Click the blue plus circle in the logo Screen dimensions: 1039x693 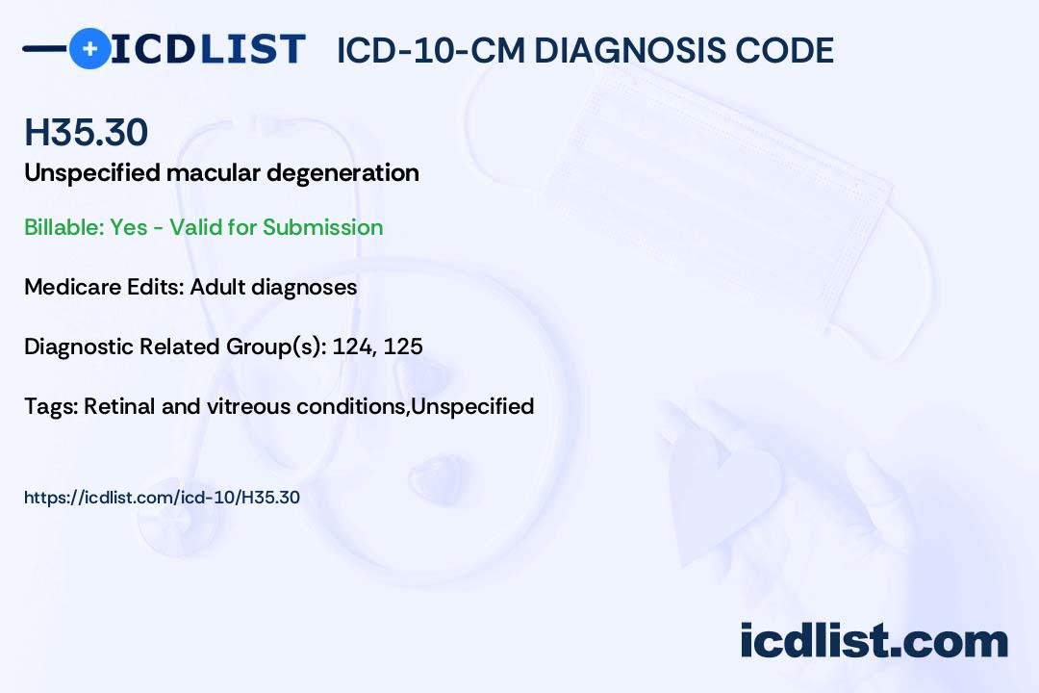click(89, 48)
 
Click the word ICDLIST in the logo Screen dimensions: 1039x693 click(208, 49)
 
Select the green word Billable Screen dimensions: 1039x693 click(64, 227)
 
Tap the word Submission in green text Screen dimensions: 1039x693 click(322, 227)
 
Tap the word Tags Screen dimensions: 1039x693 click(50, 406)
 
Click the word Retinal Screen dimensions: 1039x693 click(119, 406)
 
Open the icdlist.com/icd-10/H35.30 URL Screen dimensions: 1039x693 click(162, 498)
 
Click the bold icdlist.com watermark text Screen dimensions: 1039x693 click(874, 640)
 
